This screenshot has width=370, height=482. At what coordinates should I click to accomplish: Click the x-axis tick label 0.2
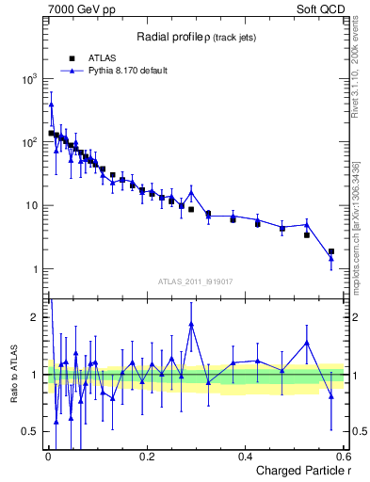click(147, 458)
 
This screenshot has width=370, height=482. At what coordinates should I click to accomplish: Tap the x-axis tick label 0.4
click(246, 458)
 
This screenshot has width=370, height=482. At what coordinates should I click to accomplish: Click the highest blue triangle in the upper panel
click(51, 104)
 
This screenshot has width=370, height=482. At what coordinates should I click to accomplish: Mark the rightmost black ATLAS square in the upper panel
click(330, 251)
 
